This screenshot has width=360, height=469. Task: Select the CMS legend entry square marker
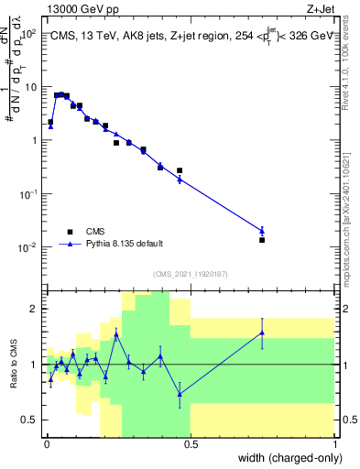pos(71,232)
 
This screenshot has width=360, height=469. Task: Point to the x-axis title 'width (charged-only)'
pos(285,457)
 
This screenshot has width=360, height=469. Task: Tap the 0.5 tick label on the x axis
pos(190,443)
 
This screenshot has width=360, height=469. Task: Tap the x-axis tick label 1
pos(334,443)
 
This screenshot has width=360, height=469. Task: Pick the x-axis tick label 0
pos(45,443)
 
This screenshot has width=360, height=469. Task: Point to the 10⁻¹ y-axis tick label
pos(29,194)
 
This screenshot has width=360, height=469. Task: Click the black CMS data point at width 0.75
pos(262,240)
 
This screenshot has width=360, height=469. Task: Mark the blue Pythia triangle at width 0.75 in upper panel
pos(262,231)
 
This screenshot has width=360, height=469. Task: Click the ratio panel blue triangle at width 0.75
pos(262,333)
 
